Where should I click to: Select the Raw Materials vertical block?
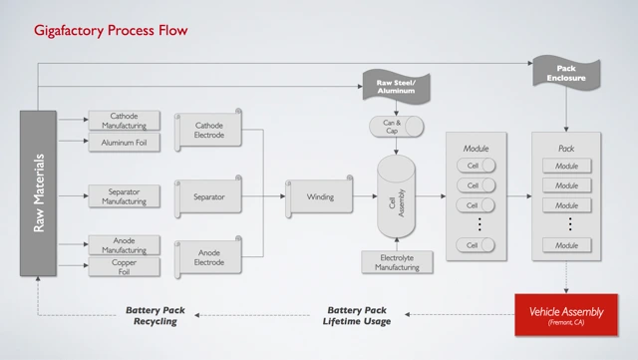point(39,191)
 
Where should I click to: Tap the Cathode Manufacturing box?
point(124,121)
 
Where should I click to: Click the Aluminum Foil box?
point(124,143)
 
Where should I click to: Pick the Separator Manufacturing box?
point(124,196)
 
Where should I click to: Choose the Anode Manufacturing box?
point(124,244)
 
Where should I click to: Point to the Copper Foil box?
point(124,267)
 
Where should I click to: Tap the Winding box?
point(319,196)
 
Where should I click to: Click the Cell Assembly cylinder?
point(398,197)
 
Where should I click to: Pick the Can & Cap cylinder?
point(396,126)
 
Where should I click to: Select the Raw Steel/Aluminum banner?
point(396,87)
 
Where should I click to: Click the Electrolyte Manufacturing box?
point(397,262)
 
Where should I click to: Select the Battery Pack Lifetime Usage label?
point(356,315)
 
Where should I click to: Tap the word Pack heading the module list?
point(566,146)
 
